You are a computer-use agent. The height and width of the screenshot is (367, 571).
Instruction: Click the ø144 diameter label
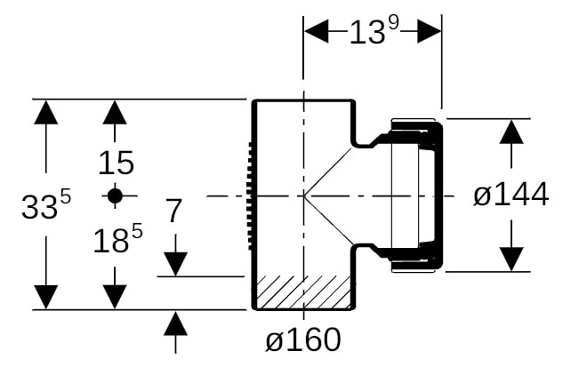pos(511,195)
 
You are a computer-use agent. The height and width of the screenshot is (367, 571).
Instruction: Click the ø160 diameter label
pos(303,339)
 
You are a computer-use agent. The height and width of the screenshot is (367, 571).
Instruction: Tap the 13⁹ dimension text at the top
pos(374,31)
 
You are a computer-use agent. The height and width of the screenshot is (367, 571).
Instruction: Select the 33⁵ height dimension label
pos(46,205)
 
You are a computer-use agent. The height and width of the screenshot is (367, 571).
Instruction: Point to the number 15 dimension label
pos(117,163)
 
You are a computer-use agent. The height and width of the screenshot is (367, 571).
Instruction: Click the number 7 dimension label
pos(173,211)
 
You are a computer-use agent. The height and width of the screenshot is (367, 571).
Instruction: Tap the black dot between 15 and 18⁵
pos(115,196)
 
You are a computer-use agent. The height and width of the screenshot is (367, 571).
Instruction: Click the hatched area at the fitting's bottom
pos(303,291)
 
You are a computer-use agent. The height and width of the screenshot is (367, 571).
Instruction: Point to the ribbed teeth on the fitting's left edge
pos(251,196)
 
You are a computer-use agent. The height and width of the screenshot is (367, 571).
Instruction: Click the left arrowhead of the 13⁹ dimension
pos(316,31)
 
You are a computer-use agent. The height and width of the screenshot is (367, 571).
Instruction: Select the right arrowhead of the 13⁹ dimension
pos(430,31)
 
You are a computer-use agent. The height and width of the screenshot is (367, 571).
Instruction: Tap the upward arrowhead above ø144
pos(511,132)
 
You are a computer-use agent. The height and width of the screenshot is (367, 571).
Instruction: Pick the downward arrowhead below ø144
pos(511,259)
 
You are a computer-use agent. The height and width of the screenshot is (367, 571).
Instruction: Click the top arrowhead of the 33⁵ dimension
pos(46,112)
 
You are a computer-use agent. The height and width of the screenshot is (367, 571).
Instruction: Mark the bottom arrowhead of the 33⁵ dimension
pos(46,298)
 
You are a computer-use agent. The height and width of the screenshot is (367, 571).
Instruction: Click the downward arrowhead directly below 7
pos(175,264)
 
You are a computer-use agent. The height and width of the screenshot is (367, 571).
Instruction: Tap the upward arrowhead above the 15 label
pos(115,112)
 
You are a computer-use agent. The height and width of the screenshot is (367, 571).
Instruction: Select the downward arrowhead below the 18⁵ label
pos(115,298)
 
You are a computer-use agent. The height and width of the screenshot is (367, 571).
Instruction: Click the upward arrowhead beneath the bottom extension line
pos(175,323)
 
